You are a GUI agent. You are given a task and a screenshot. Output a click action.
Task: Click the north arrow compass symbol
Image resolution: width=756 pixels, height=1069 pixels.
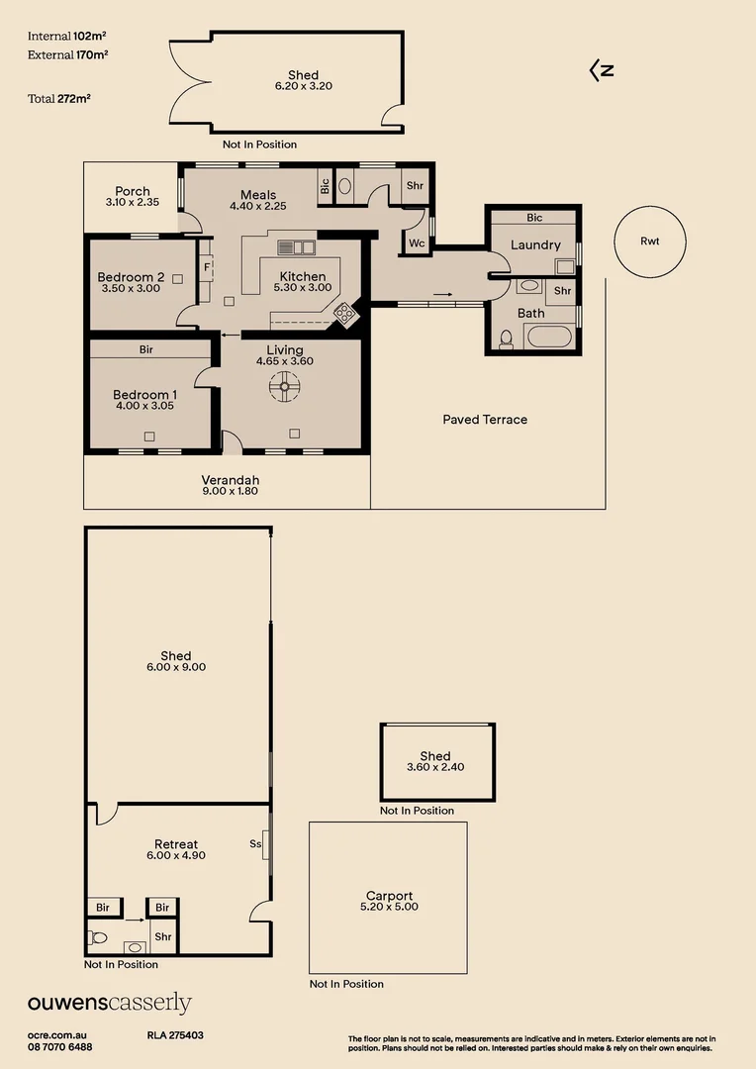(x=602, y=70)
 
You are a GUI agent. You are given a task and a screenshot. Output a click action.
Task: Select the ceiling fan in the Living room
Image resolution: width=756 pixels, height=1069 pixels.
(x=285, y=388)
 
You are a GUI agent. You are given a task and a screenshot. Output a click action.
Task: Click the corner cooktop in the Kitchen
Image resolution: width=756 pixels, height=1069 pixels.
(x=345, y=315)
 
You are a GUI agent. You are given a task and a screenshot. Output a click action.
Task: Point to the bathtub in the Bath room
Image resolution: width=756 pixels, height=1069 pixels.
(x=549, y=336)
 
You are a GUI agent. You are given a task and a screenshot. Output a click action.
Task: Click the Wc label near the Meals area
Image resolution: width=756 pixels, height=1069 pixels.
(x=417, y=243)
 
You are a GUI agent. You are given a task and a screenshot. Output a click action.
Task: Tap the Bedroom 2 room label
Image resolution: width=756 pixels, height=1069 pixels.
(x=131, y=277)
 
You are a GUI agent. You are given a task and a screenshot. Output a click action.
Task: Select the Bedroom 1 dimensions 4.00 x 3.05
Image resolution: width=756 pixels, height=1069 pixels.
(x=144, y=406)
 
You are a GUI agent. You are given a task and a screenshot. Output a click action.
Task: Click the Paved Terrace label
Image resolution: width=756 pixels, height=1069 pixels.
(x=484, y=420)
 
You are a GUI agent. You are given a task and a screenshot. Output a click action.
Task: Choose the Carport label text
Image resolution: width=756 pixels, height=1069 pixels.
(x=389, y=896)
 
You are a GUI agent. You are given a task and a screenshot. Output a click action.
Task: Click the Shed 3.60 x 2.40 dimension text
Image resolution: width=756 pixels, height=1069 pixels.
(x=435, y=767)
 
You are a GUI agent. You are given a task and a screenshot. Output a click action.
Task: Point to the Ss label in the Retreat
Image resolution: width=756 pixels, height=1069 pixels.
(x=255, y=844)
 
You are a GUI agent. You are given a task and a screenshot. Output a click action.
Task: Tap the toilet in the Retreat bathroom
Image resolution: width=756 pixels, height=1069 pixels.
(x=97, y=936)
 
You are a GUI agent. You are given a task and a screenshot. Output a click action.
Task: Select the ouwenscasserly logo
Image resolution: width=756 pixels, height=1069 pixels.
(x=109, y=1004)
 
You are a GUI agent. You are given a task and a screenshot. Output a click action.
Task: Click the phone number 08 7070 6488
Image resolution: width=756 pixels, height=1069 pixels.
(x=60, y=1047)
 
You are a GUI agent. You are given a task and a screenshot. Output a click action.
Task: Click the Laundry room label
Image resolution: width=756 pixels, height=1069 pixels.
(x=535, y=244)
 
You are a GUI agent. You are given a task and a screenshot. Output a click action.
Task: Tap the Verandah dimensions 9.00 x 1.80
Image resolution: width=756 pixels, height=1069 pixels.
(x=230, y=490)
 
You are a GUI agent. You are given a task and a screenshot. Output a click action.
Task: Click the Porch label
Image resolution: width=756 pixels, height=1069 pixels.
(x=133, y=191)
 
